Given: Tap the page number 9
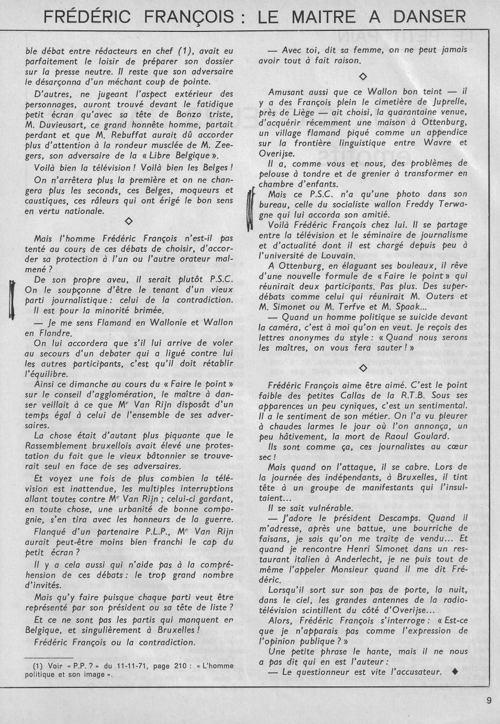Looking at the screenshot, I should tap(488, 702).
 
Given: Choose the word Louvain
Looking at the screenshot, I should tap(339, 255).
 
